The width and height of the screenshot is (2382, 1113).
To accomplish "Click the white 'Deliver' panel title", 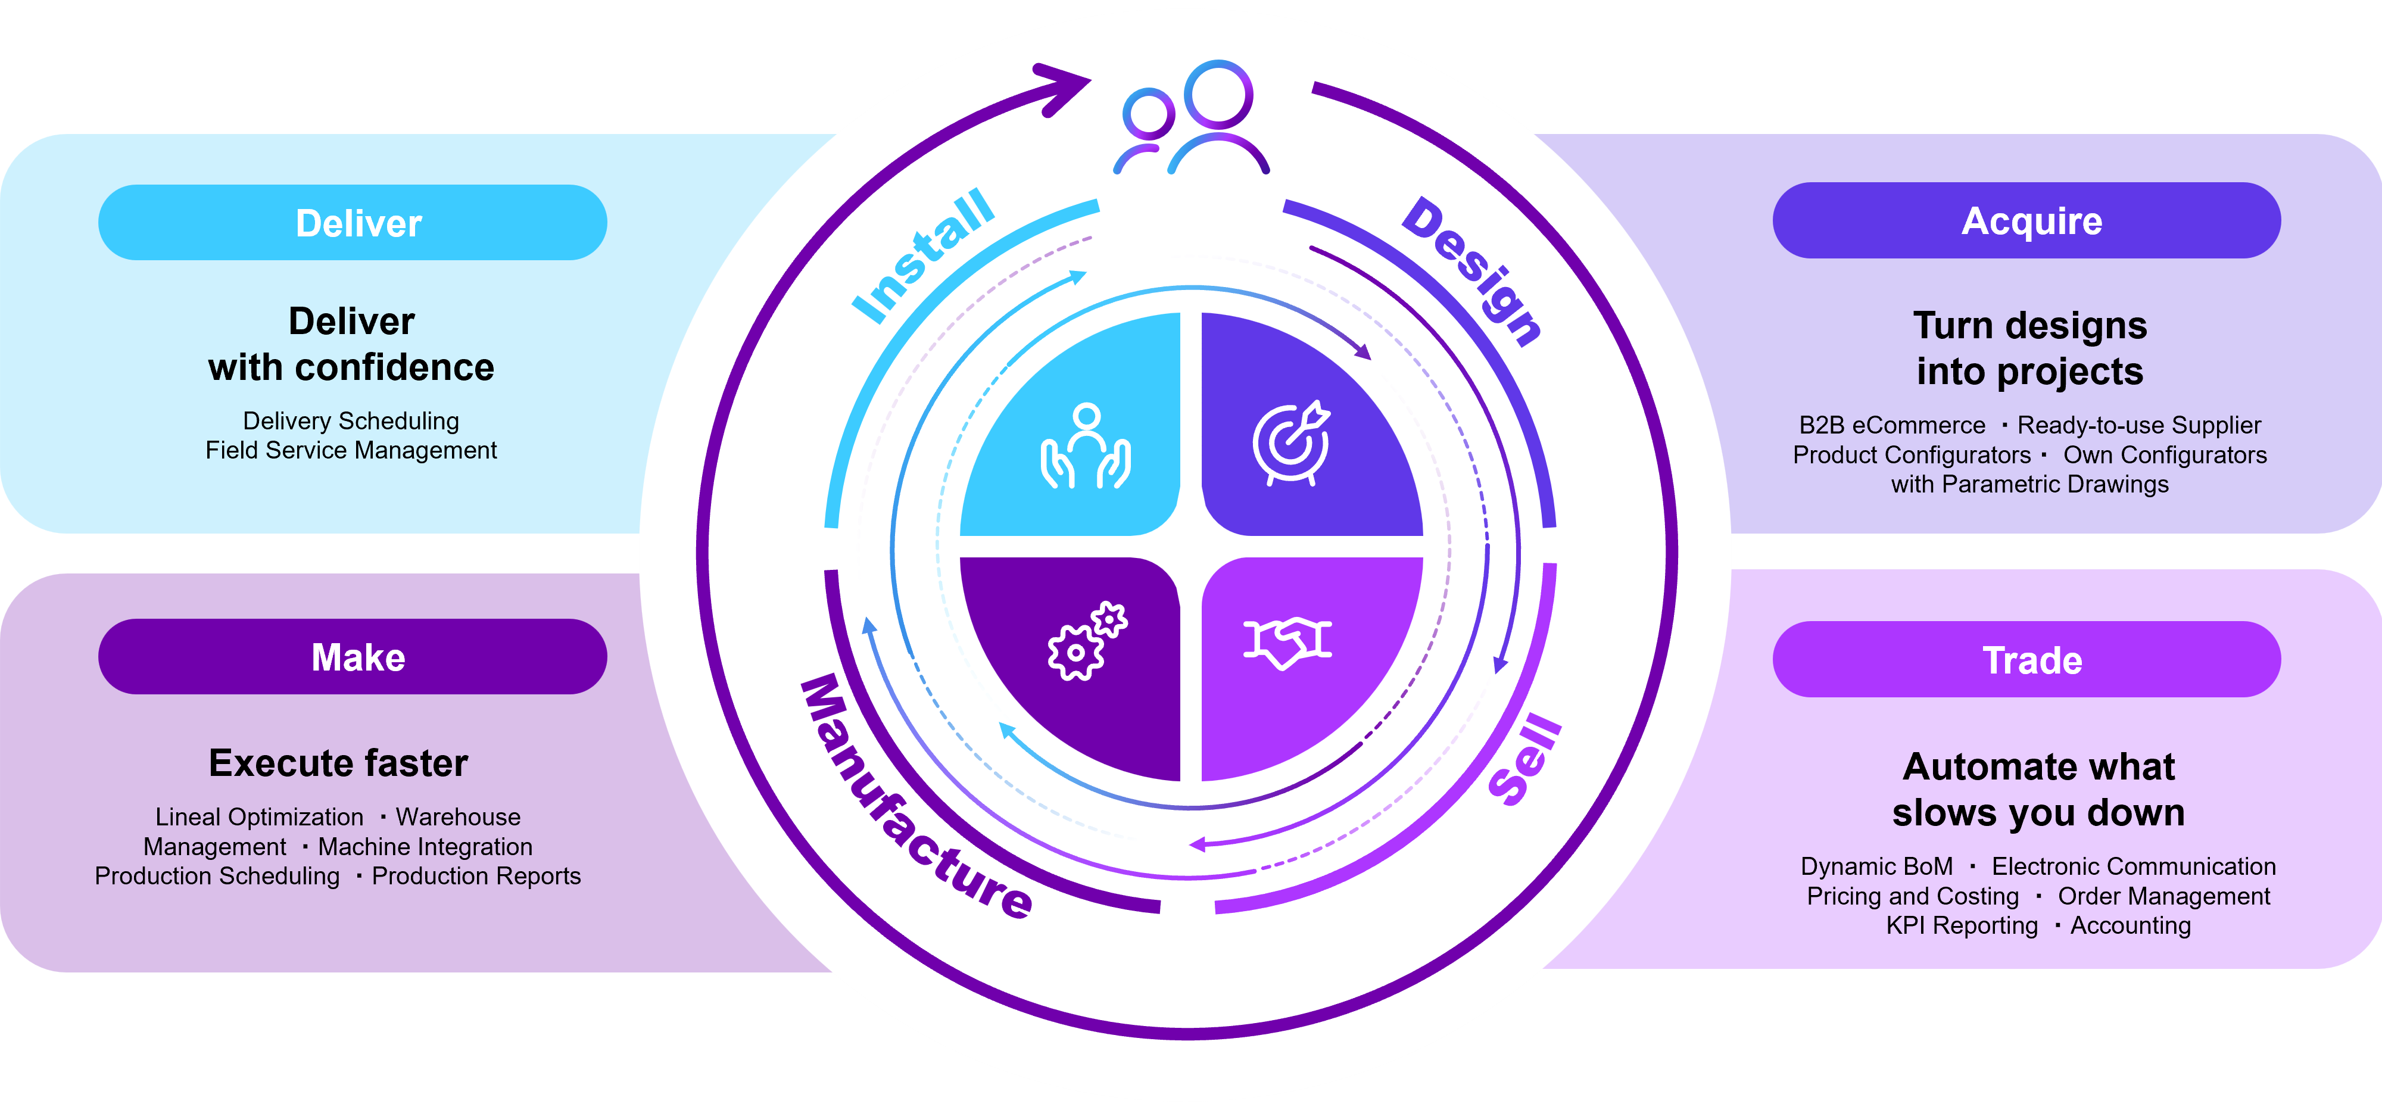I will pos(358,224).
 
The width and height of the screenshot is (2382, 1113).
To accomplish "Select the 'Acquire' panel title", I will pos(2031,222).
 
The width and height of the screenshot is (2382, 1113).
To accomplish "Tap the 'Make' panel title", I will pos(358,658).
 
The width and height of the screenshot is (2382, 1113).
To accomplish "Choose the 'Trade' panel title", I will pos(2031,661).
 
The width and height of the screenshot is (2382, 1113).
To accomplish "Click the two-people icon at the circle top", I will pos(1192,119).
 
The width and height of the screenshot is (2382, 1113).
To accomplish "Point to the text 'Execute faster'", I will pos(338,763).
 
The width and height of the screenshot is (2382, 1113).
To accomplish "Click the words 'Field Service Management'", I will pos(351,450).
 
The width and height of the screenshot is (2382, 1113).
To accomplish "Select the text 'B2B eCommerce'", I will pos(1892,425).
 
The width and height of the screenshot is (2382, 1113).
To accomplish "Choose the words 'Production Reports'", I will pos(476,877).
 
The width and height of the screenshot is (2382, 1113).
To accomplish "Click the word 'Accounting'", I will pos(2131,925).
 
